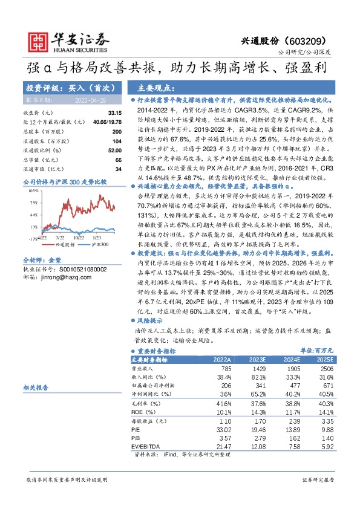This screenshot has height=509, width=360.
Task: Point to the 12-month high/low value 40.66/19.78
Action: (107, 122)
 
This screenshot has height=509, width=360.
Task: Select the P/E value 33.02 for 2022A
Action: (223, 428)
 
